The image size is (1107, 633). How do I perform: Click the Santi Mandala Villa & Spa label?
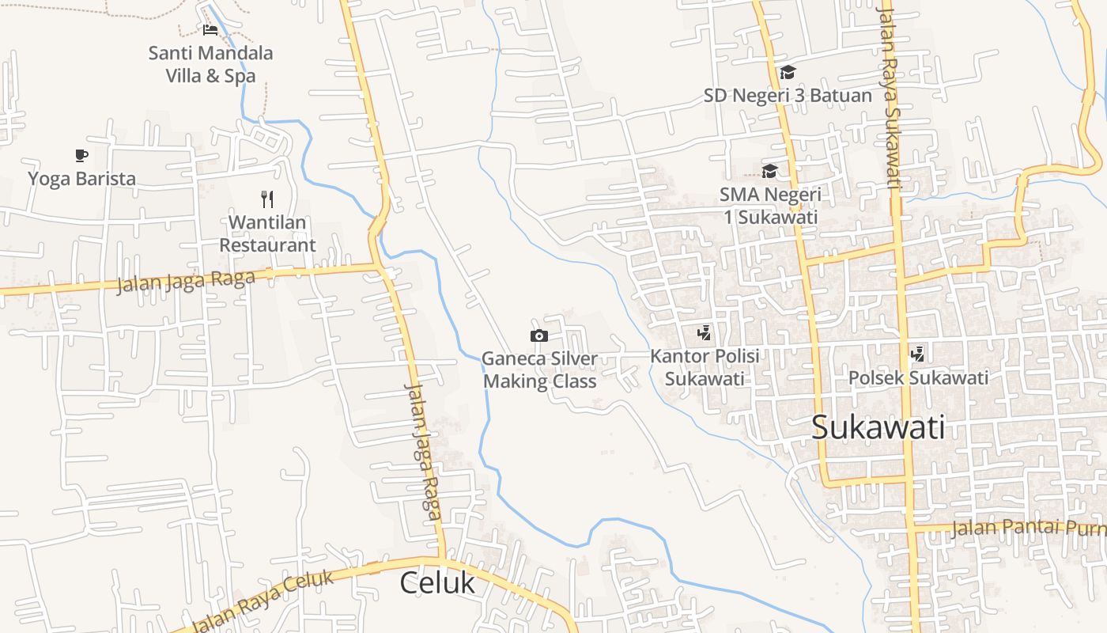[210, 64]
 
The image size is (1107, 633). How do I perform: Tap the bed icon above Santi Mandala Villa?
[210, 30]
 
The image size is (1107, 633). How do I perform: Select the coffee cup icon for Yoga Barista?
[81, 155]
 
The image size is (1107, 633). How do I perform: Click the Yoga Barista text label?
[82, 178]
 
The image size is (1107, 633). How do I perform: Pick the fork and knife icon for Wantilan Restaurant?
[267, 199]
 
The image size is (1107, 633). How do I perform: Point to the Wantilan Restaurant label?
[267, 233]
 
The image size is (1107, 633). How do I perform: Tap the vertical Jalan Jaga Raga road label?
[422, 452]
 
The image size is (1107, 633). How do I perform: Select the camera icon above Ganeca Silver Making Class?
[539, 335]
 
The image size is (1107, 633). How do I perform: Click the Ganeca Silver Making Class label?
[540, 370]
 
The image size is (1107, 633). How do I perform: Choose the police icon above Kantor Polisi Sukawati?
[704, 333]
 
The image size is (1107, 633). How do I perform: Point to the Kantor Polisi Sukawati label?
[705, 367]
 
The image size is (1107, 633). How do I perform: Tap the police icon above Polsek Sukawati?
[918, 354]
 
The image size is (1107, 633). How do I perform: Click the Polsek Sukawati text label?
[918, 377]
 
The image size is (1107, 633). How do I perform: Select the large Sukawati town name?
[878, 427]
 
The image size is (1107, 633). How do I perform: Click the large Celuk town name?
[437, 582]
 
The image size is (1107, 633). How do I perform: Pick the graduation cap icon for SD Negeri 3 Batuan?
[788, 73]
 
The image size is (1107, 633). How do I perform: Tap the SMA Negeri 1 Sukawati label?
[770, 205]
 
